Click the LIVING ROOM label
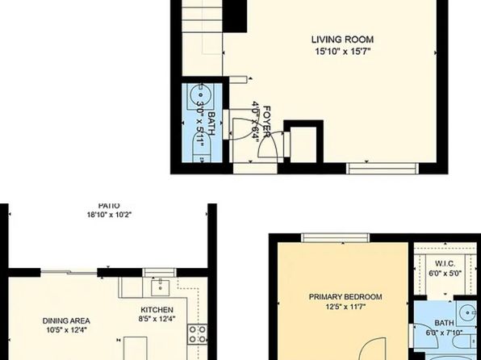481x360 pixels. (x=343, y=39)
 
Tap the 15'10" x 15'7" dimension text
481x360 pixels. (x=343, y=51)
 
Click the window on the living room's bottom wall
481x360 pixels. (x=383, y=168)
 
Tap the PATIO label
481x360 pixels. (x=109, y=206)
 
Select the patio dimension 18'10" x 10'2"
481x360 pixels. (x=109, y=216)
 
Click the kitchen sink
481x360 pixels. (x=159, y=286)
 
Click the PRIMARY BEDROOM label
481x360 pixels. (x=345, y=296)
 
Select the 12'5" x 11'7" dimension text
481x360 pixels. (x=345, y=307)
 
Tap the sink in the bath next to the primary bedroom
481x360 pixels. (x=466, y=311)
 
